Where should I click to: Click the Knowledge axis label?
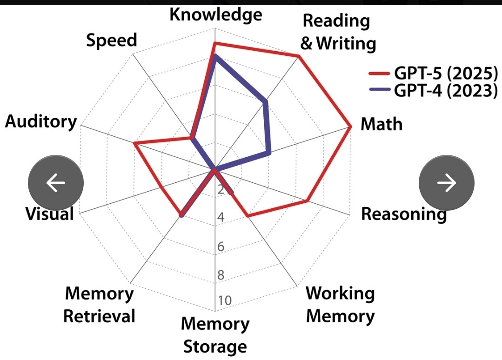click(x=215, y=14)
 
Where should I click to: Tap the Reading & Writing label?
click(x=338, y=32)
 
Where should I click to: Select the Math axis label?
click(x=382, y=124)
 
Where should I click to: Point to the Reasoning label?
click(x=403, y=214)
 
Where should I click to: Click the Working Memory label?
click(x=340, y=305)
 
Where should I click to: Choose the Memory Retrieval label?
click(x=99, y=305)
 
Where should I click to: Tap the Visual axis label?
click(x=49, y=214)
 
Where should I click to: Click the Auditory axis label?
click(x=41, y=122)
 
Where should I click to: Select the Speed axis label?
click(x=112, y=40)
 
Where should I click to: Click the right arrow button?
click(x=447, y=183)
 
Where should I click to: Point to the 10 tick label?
click(x=224, y=300)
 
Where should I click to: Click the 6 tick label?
click(x=221, y=247)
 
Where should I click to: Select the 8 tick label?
click(x=221, y=275)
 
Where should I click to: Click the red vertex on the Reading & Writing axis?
click(x=299, y=57)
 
